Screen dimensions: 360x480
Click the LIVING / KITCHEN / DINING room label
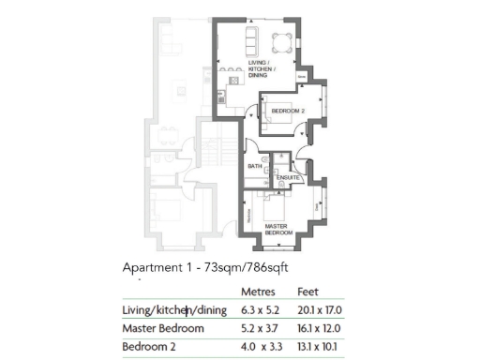[x=260, y=68]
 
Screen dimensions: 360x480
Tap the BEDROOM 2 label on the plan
[x=285, y=112]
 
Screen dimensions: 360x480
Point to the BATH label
[x=254, y=167]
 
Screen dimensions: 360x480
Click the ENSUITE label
[x=288, y=176]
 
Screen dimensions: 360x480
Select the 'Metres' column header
[x=258, y=292]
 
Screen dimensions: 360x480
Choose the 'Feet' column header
[x=307, y=292]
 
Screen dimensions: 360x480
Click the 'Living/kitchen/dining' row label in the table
[x=175, y=310]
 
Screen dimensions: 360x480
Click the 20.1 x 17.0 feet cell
[x=318, y=310]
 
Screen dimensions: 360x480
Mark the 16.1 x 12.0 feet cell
[x=318, y=329]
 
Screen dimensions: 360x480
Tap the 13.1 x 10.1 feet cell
[x=317, y=348]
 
